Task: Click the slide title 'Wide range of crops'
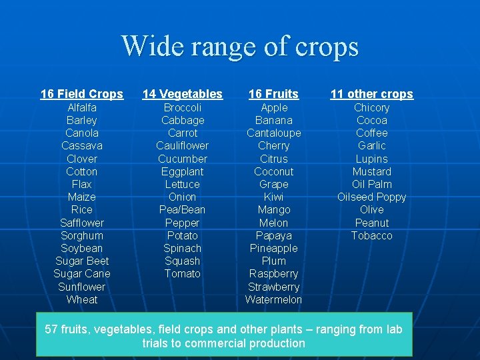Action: click(x=240, y=47)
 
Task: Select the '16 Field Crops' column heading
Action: click(x=82, y=94)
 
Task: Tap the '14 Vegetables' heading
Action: click(x=183, y=94)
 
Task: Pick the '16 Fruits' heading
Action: click(x=273, y=94)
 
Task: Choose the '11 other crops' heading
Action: click(x=371, y=94)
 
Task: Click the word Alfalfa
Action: click(x=82, y=107)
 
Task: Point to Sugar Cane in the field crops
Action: click(x=82, y=273)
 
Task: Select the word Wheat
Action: click(x=82, y=299)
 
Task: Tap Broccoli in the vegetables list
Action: click(x=183, y=107)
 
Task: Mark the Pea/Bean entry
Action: click(x=183, y=209)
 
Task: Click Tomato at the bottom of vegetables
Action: click(x=183, y=273)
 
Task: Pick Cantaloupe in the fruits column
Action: click(x=273, y=133)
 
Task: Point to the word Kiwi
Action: click(x=273, y=197)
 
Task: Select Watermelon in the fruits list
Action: click(x=273, y=299)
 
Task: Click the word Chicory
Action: click(x=371, y=107)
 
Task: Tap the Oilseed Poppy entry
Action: click(x=371, y=197)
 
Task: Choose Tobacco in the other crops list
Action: click(x=371, y=235)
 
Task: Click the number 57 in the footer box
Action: click(x=51, y=329)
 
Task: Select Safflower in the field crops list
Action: click(x=82, y=223)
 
